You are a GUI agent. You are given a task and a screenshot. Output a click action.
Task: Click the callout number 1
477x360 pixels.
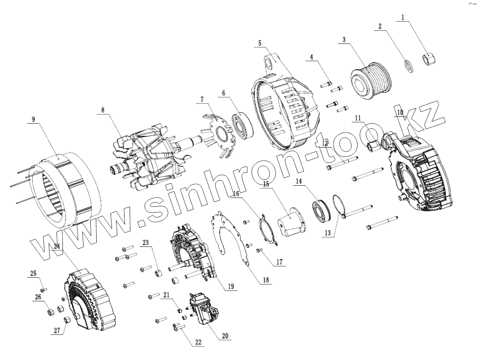(403, 18)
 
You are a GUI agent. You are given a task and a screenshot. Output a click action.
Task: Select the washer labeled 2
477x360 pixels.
(409, 66)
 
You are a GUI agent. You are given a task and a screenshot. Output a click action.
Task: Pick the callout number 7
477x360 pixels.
(202, 100)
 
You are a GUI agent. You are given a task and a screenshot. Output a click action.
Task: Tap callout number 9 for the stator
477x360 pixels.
(33, 119)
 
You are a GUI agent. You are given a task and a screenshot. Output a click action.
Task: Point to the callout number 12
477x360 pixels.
(325, 143)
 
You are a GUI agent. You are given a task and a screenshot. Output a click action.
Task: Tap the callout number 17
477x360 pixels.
(279, 262)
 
